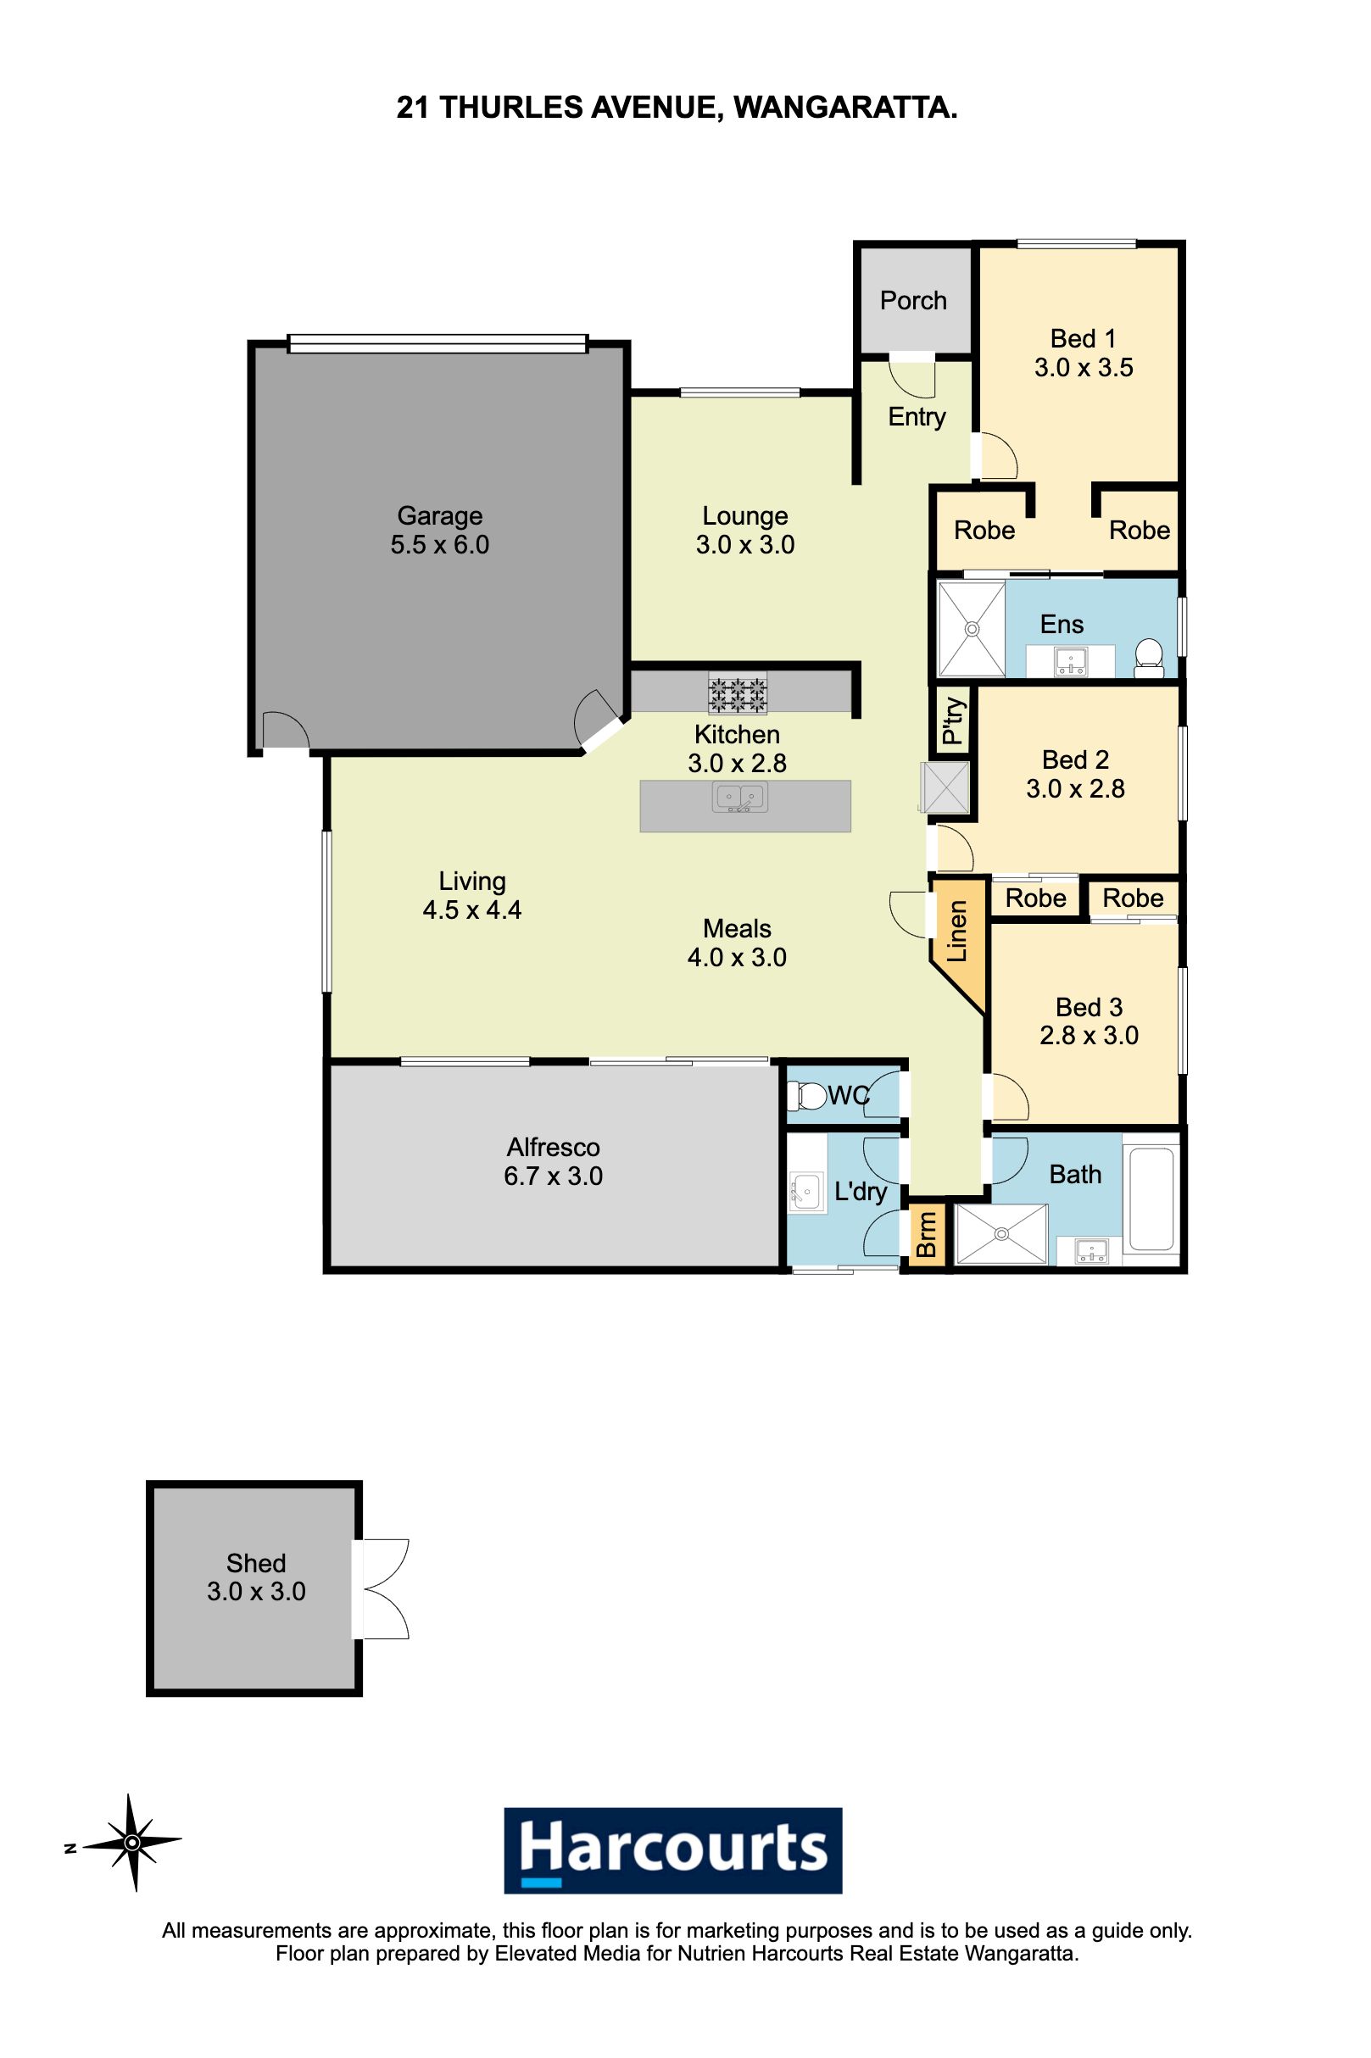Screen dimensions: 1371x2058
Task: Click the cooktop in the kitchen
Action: (737, 694)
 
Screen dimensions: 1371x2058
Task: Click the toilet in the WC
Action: (806, 1096)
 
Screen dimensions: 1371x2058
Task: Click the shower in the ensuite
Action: (972, 628)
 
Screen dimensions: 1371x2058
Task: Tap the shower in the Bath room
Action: (1001, 1234)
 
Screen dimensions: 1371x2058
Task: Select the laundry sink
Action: (805, 1190)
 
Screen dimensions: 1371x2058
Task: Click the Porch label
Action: (913, 301)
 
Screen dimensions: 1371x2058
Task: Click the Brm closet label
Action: (925, 1235)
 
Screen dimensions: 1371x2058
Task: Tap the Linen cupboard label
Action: (957, 931)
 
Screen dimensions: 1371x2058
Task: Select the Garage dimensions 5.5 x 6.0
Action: (440, 544)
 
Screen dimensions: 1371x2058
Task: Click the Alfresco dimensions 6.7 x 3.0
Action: (554, 1176)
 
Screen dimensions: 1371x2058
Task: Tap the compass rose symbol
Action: (132, 1843)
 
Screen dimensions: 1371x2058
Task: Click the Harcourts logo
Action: (673, 1850)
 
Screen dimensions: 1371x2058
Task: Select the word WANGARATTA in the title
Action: (844, 108)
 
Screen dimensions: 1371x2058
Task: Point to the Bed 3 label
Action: (1089, 1008)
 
